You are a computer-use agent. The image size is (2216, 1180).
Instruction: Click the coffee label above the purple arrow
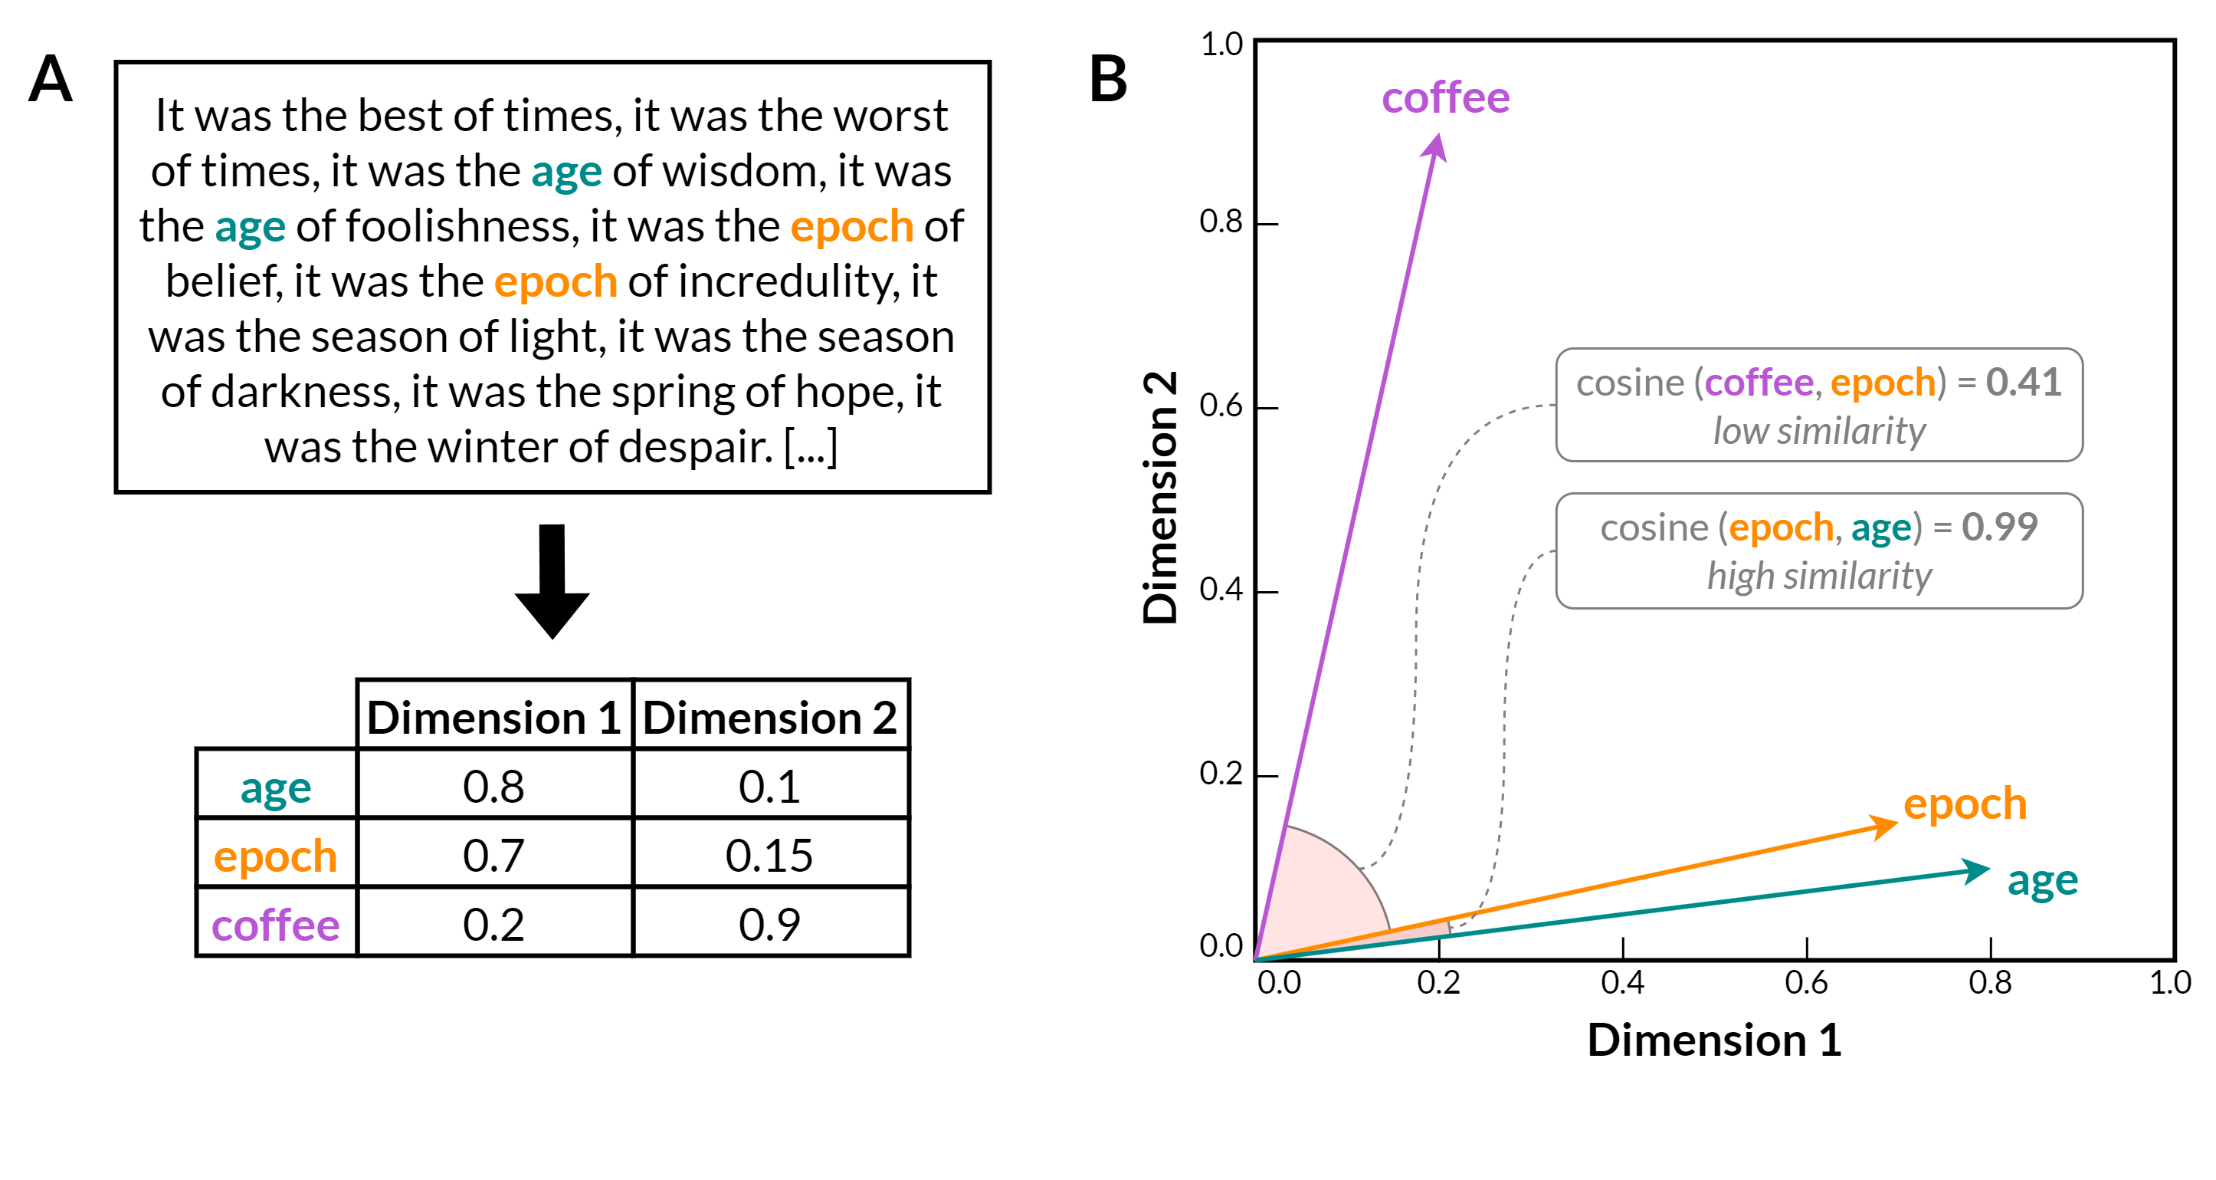(1445, 97)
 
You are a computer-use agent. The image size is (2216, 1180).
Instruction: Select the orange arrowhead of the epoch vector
(1885, 827)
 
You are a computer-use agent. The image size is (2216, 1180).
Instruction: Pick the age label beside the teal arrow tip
(2042, 880)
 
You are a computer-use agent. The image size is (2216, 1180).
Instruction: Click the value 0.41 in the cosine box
(2024, 381)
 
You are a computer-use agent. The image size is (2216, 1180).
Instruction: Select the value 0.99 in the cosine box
(1999, 527)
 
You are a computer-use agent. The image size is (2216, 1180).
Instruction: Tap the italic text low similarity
(1818, 431)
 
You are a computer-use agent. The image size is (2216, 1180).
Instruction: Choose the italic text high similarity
(1818, 576)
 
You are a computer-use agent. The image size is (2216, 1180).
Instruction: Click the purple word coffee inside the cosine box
(1759, 382)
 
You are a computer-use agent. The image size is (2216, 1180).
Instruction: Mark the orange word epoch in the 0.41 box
(1882, 382)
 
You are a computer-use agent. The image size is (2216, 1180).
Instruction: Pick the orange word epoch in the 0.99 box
(1781, 528)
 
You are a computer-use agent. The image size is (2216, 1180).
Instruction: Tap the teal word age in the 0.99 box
(1880, 528)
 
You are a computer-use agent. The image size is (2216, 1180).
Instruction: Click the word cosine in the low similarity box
(1629, 382)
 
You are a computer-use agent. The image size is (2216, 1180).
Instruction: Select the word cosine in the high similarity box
(1654, 528)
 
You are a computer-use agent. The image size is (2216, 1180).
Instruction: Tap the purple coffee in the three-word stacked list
(275, 925)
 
